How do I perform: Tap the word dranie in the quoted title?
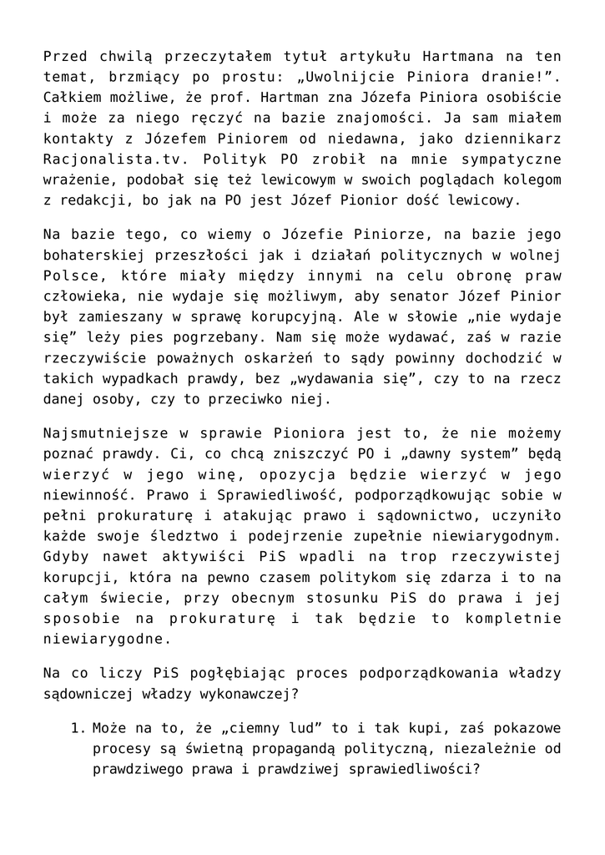[515, 78]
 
